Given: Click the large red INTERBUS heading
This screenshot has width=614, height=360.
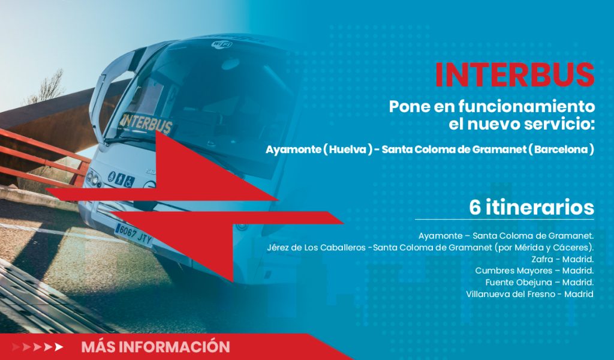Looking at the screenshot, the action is (514, 74).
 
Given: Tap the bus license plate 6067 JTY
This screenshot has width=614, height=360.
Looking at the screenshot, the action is (134, 235).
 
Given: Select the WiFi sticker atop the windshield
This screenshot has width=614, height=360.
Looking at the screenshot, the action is (222, 44).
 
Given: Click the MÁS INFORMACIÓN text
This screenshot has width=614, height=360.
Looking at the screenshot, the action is (155, 347).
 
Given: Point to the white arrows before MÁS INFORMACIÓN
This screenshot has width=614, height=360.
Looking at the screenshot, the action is (37, 347).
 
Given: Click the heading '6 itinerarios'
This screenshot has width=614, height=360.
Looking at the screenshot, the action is (531, 207).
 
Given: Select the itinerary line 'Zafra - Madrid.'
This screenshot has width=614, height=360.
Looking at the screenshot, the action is (562, 259).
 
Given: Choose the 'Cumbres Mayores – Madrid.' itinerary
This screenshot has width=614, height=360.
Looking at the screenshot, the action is (534, 271).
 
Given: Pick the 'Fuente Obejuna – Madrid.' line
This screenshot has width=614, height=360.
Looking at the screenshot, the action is (540, 282).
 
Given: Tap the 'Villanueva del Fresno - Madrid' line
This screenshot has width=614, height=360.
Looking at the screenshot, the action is (529, 294).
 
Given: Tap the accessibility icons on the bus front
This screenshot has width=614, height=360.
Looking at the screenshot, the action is (121, 180).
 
